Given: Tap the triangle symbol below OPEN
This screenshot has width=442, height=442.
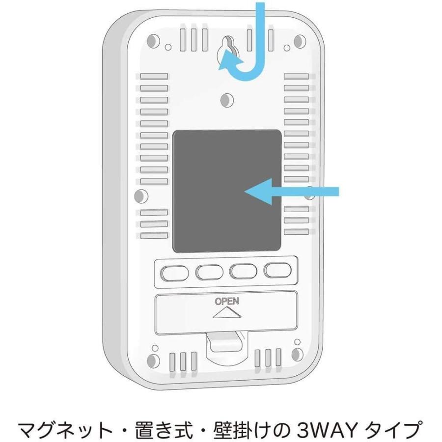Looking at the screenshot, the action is point(226,313).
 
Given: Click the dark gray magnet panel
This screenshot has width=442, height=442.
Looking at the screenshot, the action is point(227,192).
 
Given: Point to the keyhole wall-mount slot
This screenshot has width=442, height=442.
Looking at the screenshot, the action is point(227,48).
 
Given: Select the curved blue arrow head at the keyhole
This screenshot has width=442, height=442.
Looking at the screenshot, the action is point(226,63).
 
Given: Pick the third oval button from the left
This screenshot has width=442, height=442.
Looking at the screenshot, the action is point(244,271).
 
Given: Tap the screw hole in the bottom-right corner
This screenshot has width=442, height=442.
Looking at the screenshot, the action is point(297,355).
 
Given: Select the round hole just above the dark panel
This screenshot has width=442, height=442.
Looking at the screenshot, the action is point(227,100).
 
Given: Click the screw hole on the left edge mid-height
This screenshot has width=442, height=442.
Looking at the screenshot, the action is point(139,195).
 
